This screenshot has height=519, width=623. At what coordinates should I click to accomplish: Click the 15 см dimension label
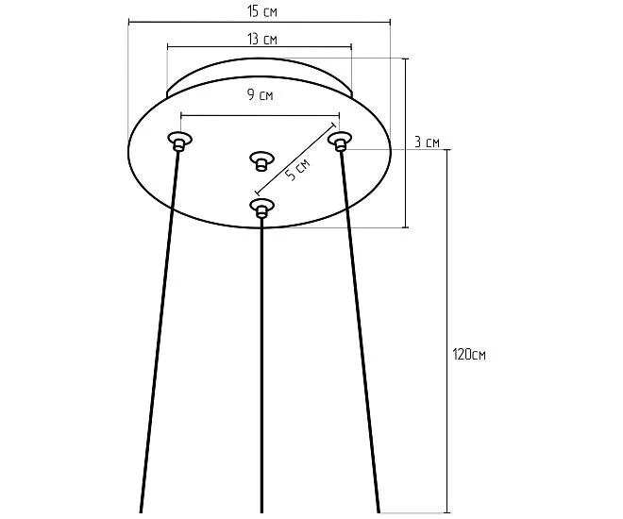pos(261,11)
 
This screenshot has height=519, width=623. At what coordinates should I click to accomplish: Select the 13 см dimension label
pos(262,39)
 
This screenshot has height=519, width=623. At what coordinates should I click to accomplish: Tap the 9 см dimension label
pos(260,95)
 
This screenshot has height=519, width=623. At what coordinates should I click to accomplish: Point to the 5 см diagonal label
pos(297,171)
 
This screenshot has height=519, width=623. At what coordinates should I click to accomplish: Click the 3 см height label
pos(427,142)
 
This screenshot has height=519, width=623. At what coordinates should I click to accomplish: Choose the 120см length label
pos(469,354)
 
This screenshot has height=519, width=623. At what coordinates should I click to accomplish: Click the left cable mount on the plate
pos(179,141)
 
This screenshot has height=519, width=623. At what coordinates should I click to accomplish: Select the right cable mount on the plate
pos(340,141)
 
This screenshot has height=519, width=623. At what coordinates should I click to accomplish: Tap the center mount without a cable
pos(261,160)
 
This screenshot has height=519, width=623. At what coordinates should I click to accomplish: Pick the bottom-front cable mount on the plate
pos(261,207)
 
